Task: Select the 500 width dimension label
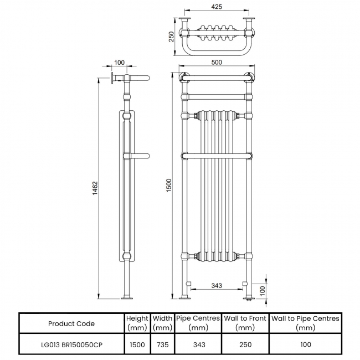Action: (x=217, y=63)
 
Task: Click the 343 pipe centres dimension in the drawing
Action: (x=217, y=286)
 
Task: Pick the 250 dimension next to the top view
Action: (x=172, y=36)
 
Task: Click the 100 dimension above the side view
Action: (x=119, y=63)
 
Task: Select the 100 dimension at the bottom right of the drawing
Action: (x=264, y=289)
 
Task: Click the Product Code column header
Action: (x=71, y=323)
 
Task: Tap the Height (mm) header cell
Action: (x=137, y=323)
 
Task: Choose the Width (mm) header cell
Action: (x=163, y=323)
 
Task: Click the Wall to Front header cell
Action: (x=245, y=323)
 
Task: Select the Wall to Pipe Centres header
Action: (x=305, y=323)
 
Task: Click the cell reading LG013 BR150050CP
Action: (x=71, y=344)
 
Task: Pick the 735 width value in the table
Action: (x=163, y=344)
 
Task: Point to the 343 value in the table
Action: (x=198, y=344)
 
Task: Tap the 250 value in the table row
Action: (x=245, y=344)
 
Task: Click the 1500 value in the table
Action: (x=137, y=344)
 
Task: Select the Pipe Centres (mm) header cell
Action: (x=198, y=323)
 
